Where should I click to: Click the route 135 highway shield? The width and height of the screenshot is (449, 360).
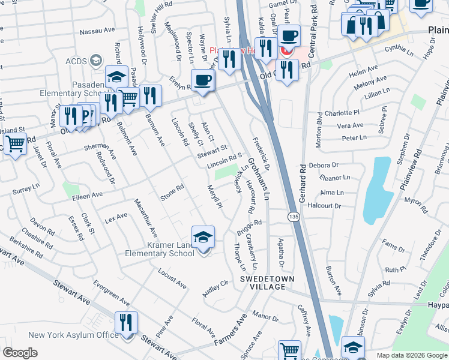point(293,216)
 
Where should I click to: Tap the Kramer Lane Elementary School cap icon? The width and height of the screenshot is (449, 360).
point(203,237)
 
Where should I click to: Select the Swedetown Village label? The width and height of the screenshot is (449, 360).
point(263,283)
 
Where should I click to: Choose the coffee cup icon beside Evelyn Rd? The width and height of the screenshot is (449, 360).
point(202,80)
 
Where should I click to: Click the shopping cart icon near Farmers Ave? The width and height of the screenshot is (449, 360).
point(289,351)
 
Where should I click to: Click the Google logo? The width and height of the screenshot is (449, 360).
point(20,353)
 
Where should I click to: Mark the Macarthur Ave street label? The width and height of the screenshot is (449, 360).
point(146,217)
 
